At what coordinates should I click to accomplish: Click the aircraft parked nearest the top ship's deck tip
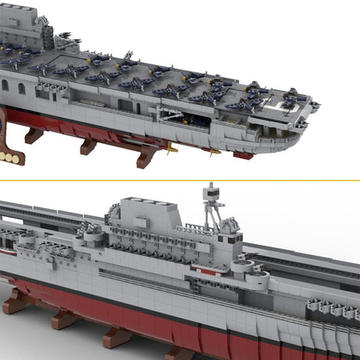tap(294, 96)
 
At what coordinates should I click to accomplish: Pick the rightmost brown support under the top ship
tap(146, 157)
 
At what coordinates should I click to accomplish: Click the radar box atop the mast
tap(209, 191)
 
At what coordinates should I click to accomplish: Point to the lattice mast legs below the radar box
tap(211, 214)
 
